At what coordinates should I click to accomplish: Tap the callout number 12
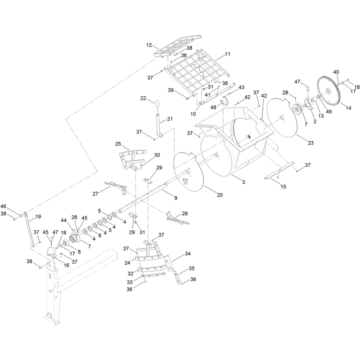[x=149, y=45]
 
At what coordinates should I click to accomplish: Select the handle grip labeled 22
[x=157, y=103]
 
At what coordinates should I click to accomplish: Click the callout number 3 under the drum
[x=243, y=182]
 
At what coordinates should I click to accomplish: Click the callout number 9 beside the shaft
[x=176, y=198]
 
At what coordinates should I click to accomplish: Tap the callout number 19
[x=38, y=216]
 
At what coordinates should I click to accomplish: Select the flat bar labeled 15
[x=279, y=170]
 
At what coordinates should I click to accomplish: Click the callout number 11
[x=227, y=54]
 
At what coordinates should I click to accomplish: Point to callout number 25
[x=118, y=144]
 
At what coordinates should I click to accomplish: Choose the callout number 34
[x=188, y=254]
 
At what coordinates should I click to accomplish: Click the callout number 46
[x=4, y=206]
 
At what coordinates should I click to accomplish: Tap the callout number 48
[x=213, y=107]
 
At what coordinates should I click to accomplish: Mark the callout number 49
[x=329, y=112]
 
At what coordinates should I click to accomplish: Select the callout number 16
[x=66, y=265]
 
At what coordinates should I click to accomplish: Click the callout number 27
[x=95, y=194]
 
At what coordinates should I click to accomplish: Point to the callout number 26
[x=185, y=213]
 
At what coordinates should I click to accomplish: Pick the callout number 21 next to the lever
[x=170, y=119]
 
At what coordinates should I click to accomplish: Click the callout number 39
[x=171, y=90]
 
